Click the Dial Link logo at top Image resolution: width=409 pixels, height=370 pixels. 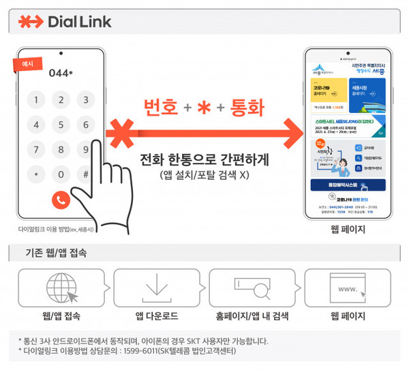[65, 21]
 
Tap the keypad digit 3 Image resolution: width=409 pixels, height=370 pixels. [86, 101]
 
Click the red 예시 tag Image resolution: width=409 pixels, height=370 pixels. [28, 65]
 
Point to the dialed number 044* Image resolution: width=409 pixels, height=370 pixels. [61, 73]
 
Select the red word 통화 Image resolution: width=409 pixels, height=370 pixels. [247, 108]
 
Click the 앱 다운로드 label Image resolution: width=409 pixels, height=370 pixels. [156, 316]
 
